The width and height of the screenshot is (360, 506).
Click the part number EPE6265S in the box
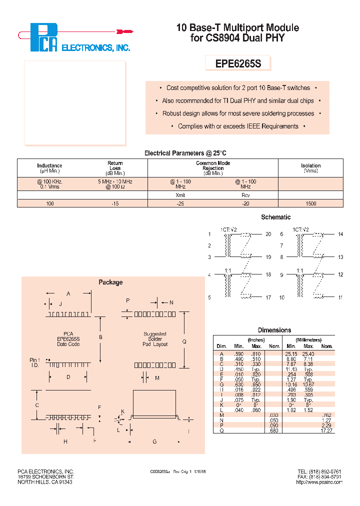pos(237,63)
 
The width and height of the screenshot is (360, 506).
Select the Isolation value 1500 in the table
pos(310,203)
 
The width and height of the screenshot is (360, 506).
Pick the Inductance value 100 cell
pos(50,203)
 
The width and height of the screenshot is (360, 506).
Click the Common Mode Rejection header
pos(213,168)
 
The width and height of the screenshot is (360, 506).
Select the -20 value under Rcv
pos(245,203)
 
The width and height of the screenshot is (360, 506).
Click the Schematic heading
pos(275,217)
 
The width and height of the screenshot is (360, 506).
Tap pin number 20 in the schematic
pos(268,234)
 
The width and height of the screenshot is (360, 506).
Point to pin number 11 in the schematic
pos(340,297)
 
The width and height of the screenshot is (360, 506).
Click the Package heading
pos(110,282)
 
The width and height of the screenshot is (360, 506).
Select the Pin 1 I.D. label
pos(34,362)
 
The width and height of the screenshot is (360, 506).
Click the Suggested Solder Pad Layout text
pos(154,339)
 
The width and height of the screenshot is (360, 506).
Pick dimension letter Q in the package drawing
pos(184,341)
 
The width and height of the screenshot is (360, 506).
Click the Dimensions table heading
pos(274,330)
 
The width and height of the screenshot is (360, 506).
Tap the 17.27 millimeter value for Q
pos(326,430)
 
